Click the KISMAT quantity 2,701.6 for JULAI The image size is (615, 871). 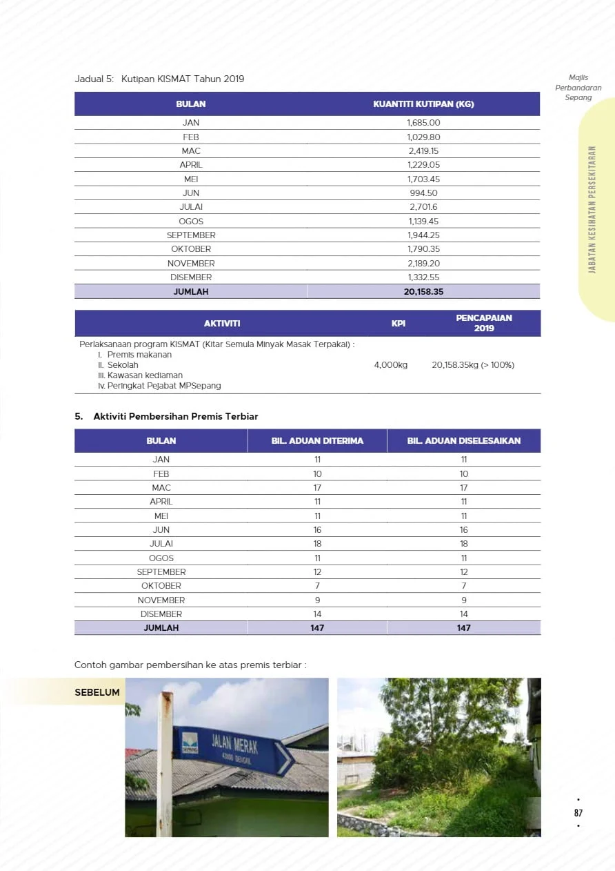point(423,207)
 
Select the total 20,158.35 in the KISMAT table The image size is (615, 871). point(423,291)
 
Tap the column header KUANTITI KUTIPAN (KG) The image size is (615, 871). point(423,104)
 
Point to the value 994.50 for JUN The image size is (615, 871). point(423,193)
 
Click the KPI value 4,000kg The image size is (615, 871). point(391,365)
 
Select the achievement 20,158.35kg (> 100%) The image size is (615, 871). point(473,365)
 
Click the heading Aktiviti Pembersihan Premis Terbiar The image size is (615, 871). point(176,416)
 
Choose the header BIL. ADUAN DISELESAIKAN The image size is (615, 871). point(463,440)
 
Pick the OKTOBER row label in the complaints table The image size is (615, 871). point(161,586)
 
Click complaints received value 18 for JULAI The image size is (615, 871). point(317,544)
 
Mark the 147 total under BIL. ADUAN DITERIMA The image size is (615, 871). point(317,628)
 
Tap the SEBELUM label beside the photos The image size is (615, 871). point(97,692)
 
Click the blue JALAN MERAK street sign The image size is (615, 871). point(231,748)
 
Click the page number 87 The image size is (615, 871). point(578,813)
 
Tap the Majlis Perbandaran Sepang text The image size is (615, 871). point(578,88)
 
